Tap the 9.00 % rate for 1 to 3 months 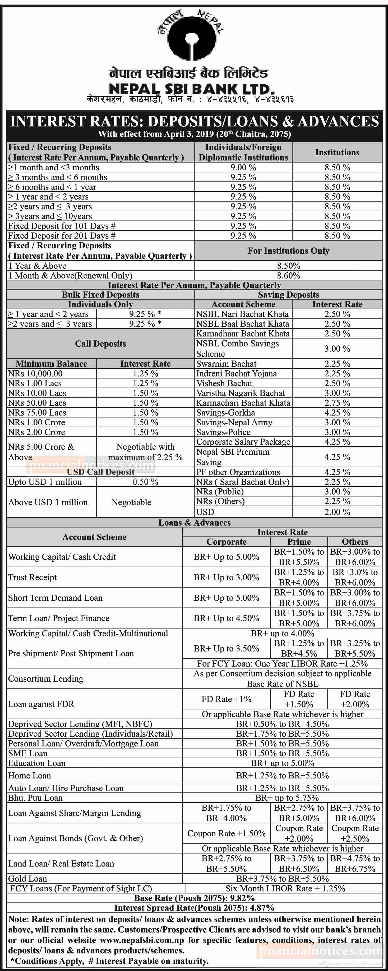pyautogui.click(x=243, y=167)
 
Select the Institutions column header pyautogui.click(x=337, y=152)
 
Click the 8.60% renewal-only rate pyautogui.click(x=289, y=276)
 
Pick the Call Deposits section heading pyautogui.click(x=100, y=343)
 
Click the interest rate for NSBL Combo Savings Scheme pyautogui.click(x=337, y=349)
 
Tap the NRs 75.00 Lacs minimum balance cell pyautogui.click(x=37, y=412)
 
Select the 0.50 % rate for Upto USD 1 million pyautogui.click(x=145, y=482)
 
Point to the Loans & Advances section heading pyautogui.click(x=194, y=522)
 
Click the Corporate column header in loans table pyautogui.click(x=227, y=542)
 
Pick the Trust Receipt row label pyautogui.click(x=33, y=577)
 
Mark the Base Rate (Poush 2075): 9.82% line pyautogui.click(x=194, y=898)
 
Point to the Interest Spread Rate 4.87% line pyautogui.click(x=194, y=908)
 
